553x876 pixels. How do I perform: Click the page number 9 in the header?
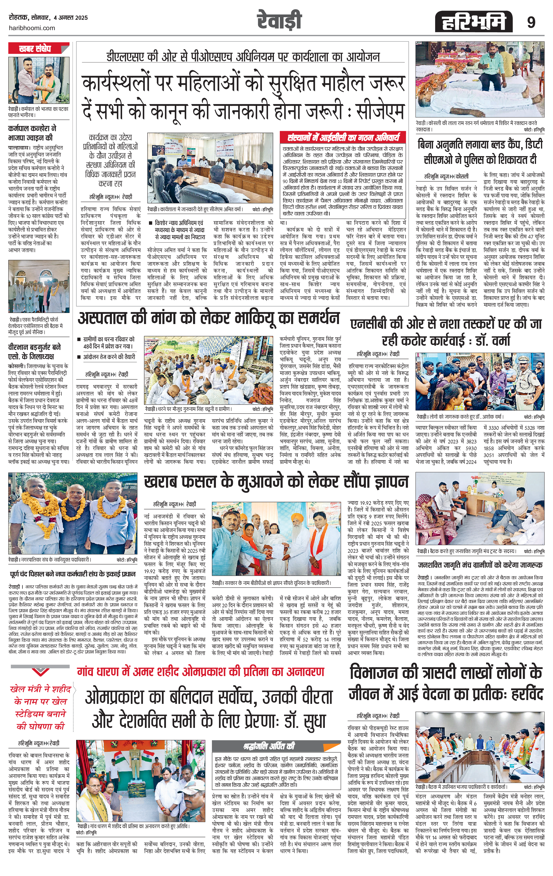click(531, 23)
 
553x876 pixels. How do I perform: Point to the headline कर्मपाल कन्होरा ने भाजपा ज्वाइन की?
click(32, 133)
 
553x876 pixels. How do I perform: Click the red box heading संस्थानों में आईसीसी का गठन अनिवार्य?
click(343, 138)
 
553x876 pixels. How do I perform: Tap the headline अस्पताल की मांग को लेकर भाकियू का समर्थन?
click(208, 318)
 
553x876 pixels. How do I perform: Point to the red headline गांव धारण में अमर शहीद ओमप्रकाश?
click(200, 672)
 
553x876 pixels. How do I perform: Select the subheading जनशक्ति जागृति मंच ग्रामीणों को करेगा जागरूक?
click(480, 565)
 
